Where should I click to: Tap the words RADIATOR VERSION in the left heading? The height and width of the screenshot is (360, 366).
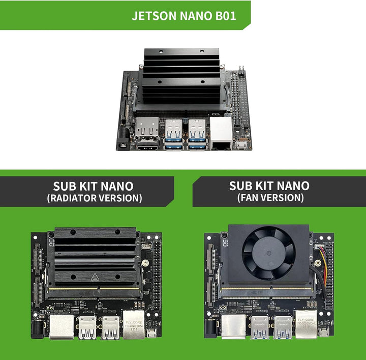pyautogui.click(x=94, y=198)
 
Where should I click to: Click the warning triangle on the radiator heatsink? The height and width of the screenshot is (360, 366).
pyautogui.click(x=94, y=277)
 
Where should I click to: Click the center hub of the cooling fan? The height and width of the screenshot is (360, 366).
pyautogui.click(x=269, y=253)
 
